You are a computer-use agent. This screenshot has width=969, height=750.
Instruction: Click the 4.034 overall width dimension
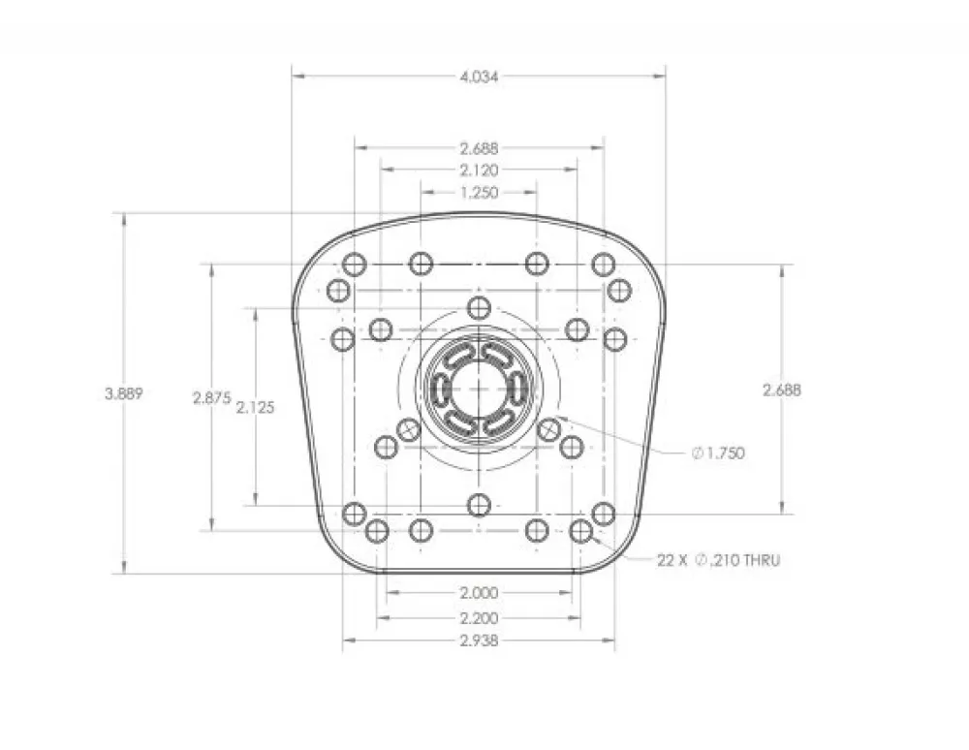[x=479, y=77]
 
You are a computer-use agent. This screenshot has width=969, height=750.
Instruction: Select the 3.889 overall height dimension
[x=124, y=393]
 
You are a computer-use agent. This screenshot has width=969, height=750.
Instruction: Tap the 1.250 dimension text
[x=479, y=192]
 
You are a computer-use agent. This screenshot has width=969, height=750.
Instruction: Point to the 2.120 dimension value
[x=479, y=170]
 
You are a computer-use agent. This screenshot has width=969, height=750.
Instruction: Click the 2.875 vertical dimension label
[x=212, y=398]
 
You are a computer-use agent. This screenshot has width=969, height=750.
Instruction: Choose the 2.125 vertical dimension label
[x=255, y=408]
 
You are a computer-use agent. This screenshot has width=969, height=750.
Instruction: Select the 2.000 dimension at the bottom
[x=479, y=593]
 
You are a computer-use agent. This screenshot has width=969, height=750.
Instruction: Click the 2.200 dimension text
[x=479, y=618]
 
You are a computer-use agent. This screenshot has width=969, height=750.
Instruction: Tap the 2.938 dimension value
[x=479, y=641]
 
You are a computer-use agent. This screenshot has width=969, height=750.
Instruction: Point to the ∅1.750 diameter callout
[x=718, y=453]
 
